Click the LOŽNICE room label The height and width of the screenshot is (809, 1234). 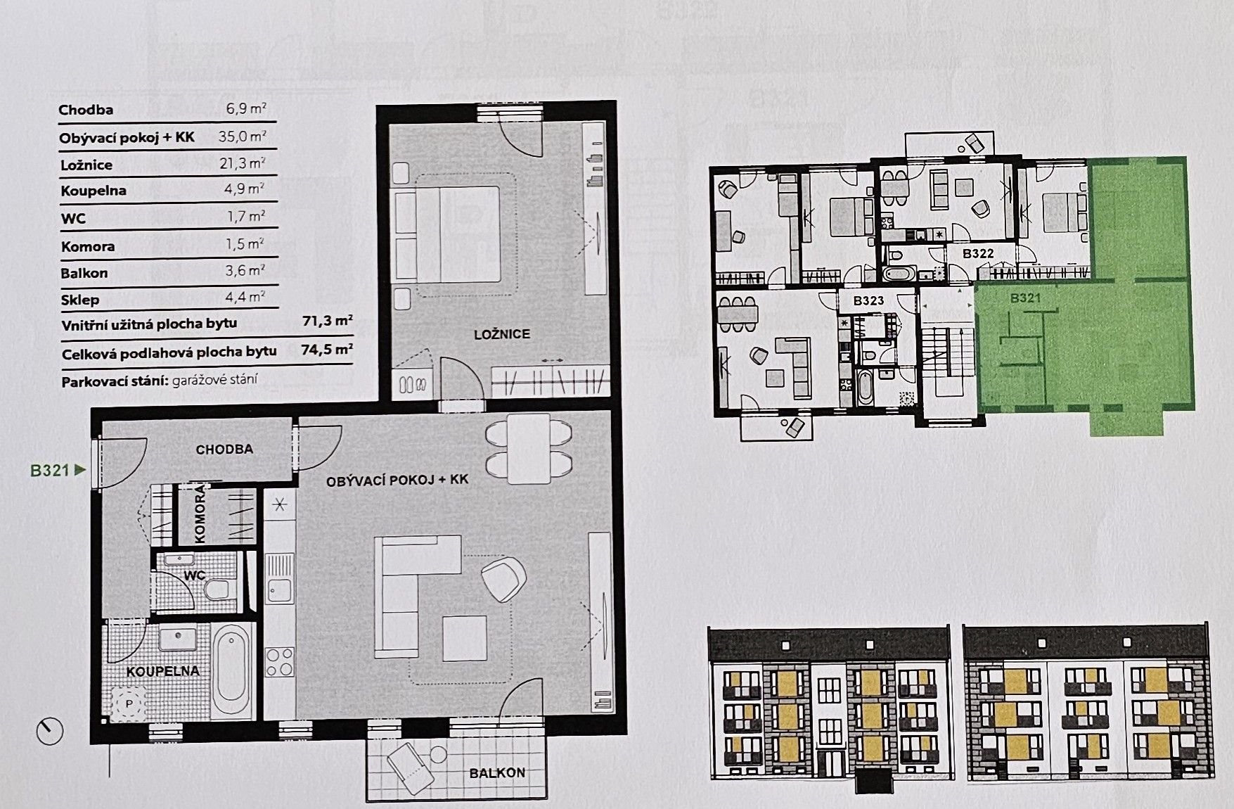coord(502,334)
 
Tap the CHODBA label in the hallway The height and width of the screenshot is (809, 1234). coord(224,449)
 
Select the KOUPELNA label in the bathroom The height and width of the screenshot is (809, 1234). coord(163,671)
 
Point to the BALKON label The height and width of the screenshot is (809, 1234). coord(497,772)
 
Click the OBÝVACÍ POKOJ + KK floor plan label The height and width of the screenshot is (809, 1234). coord(397,480)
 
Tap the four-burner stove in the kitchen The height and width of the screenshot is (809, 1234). coord(279,662)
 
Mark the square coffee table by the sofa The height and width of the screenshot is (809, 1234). coord(465,638)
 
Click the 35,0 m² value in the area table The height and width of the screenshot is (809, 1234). coord(242,136)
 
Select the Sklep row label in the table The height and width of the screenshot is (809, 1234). coord(79,300)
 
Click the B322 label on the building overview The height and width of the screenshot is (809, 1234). coord(977,253)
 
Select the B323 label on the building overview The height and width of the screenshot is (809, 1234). coord(868,300)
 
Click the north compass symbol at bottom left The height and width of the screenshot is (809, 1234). coord(50,732)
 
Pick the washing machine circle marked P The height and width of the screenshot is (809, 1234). coord(129,703)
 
